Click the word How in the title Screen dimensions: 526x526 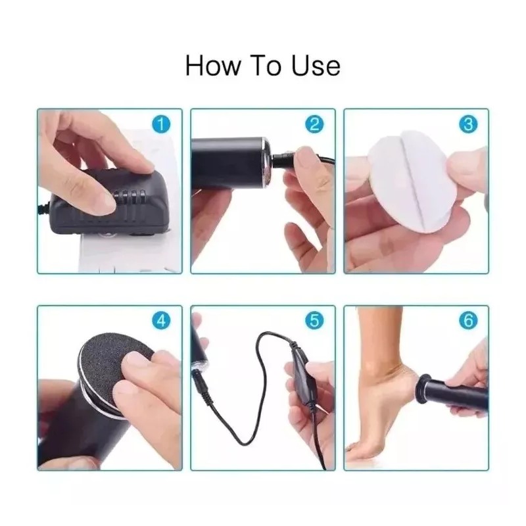click(x=212, y=66)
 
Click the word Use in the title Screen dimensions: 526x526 click(x=316, y=66)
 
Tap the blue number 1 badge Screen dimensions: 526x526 click(x=161, y=124)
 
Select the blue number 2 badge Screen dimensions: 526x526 click(x=315, y=124)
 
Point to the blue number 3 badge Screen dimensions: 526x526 click(x=468, y=124)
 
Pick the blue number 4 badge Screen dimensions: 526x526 click(x=161, y=320)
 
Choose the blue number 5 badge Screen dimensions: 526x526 click(x=315, y=320)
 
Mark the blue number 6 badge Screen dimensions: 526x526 click(x=468, y=320)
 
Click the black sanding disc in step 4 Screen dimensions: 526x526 click(x=114, y=362)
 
